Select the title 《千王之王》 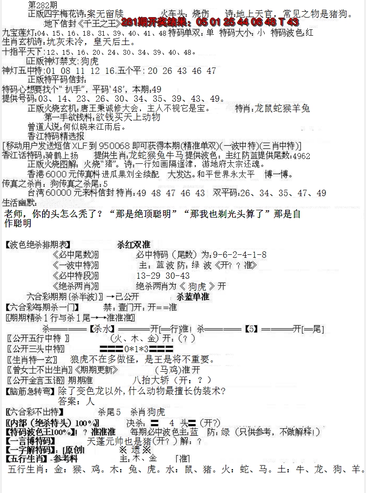pos(101,23)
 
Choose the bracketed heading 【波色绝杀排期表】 pos(38,245)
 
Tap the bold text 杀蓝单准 pos(192,296)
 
